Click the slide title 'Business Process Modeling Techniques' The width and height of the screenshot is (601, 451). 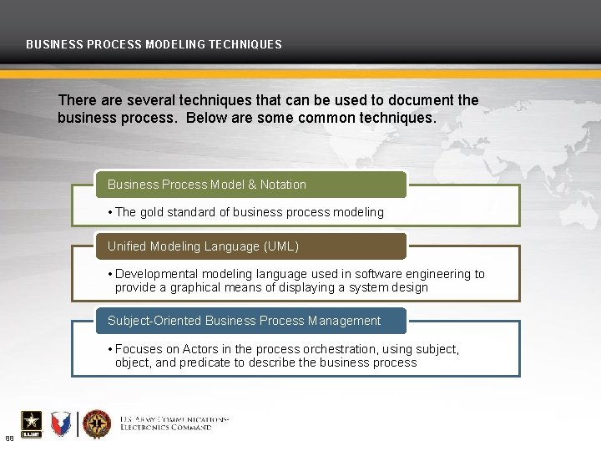154,44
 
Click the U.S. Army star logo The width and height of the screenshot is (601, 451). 31,423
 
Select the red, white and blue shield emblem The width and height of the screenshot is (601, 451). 62,423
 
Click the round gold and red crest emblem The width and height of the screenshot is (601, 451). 97,423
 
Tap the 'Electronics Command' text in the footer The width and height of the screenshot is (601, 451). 165,427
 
